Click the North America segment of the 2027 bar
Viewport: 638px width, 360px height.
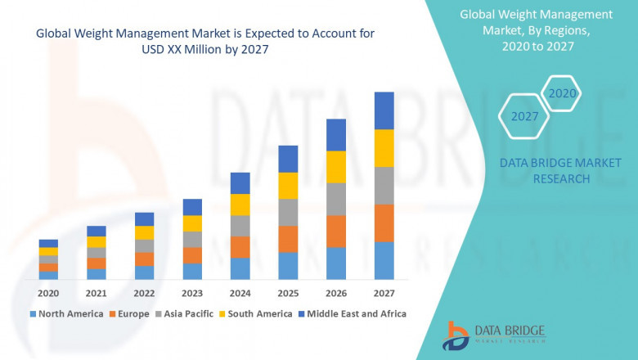click(384, 260)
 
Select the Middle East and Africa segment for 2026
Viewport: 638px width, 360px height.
click(335, 135)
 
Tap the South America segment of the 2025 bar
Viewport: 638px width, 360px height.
click(287, 186)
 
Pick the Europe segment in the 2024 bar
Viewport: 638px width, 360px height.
click(239, 247)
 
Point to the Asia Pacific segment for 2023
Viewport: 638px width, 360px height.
click(192, 239)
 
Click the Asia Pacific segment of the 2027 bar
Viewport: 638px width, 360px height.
click(384, 186)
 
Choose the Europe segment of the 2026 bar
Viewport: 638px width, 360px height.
click(335, 232)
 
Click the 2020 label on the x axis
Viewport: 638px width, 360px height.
click(48, 293)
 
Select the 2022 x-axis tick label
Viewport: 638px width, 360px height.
click(144, 293)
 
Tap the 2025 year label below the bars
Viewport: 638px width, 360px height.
click(287, 293)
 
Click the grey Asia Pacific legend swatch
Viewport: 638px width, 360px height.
click(160, 313)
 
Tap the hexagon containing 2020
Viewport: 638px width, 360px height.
click(562, 93)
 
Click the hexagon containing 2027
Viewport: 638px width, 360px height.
click(524, 116)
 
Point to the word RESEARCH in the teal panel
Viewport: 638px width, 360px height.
click(560, 178)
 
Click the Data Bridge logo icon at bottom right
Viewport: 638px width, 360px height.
click(455, 335)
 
